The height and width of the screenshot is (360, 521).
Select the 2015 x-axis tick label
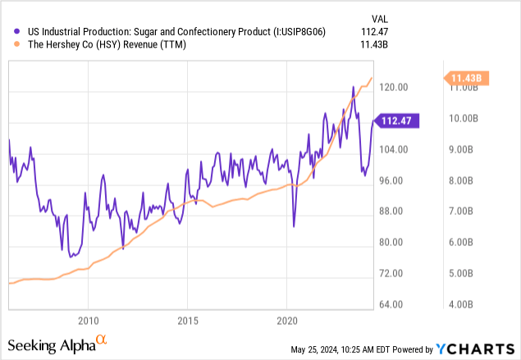(188, 320)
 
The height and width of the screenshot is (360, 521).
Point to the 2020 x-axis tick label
(287, 320)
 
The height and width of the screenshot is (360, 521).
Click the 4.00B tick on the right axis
(459, 304)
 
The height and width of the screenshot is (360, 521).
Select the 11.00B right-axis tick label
(459, 87)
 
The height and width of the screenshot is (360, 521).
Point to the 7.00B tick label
(459, 211)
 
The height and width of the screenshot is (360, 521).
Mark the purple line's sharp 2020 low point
(293, 226)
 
